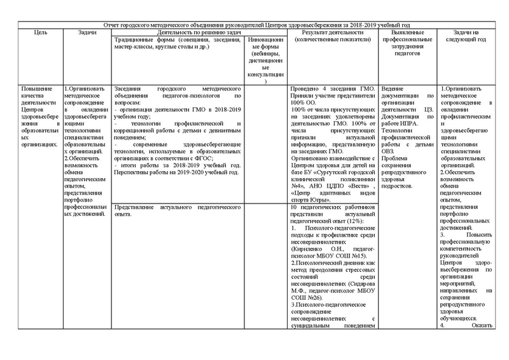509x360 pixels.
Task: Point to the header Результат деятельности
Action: tap(332, 36)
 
